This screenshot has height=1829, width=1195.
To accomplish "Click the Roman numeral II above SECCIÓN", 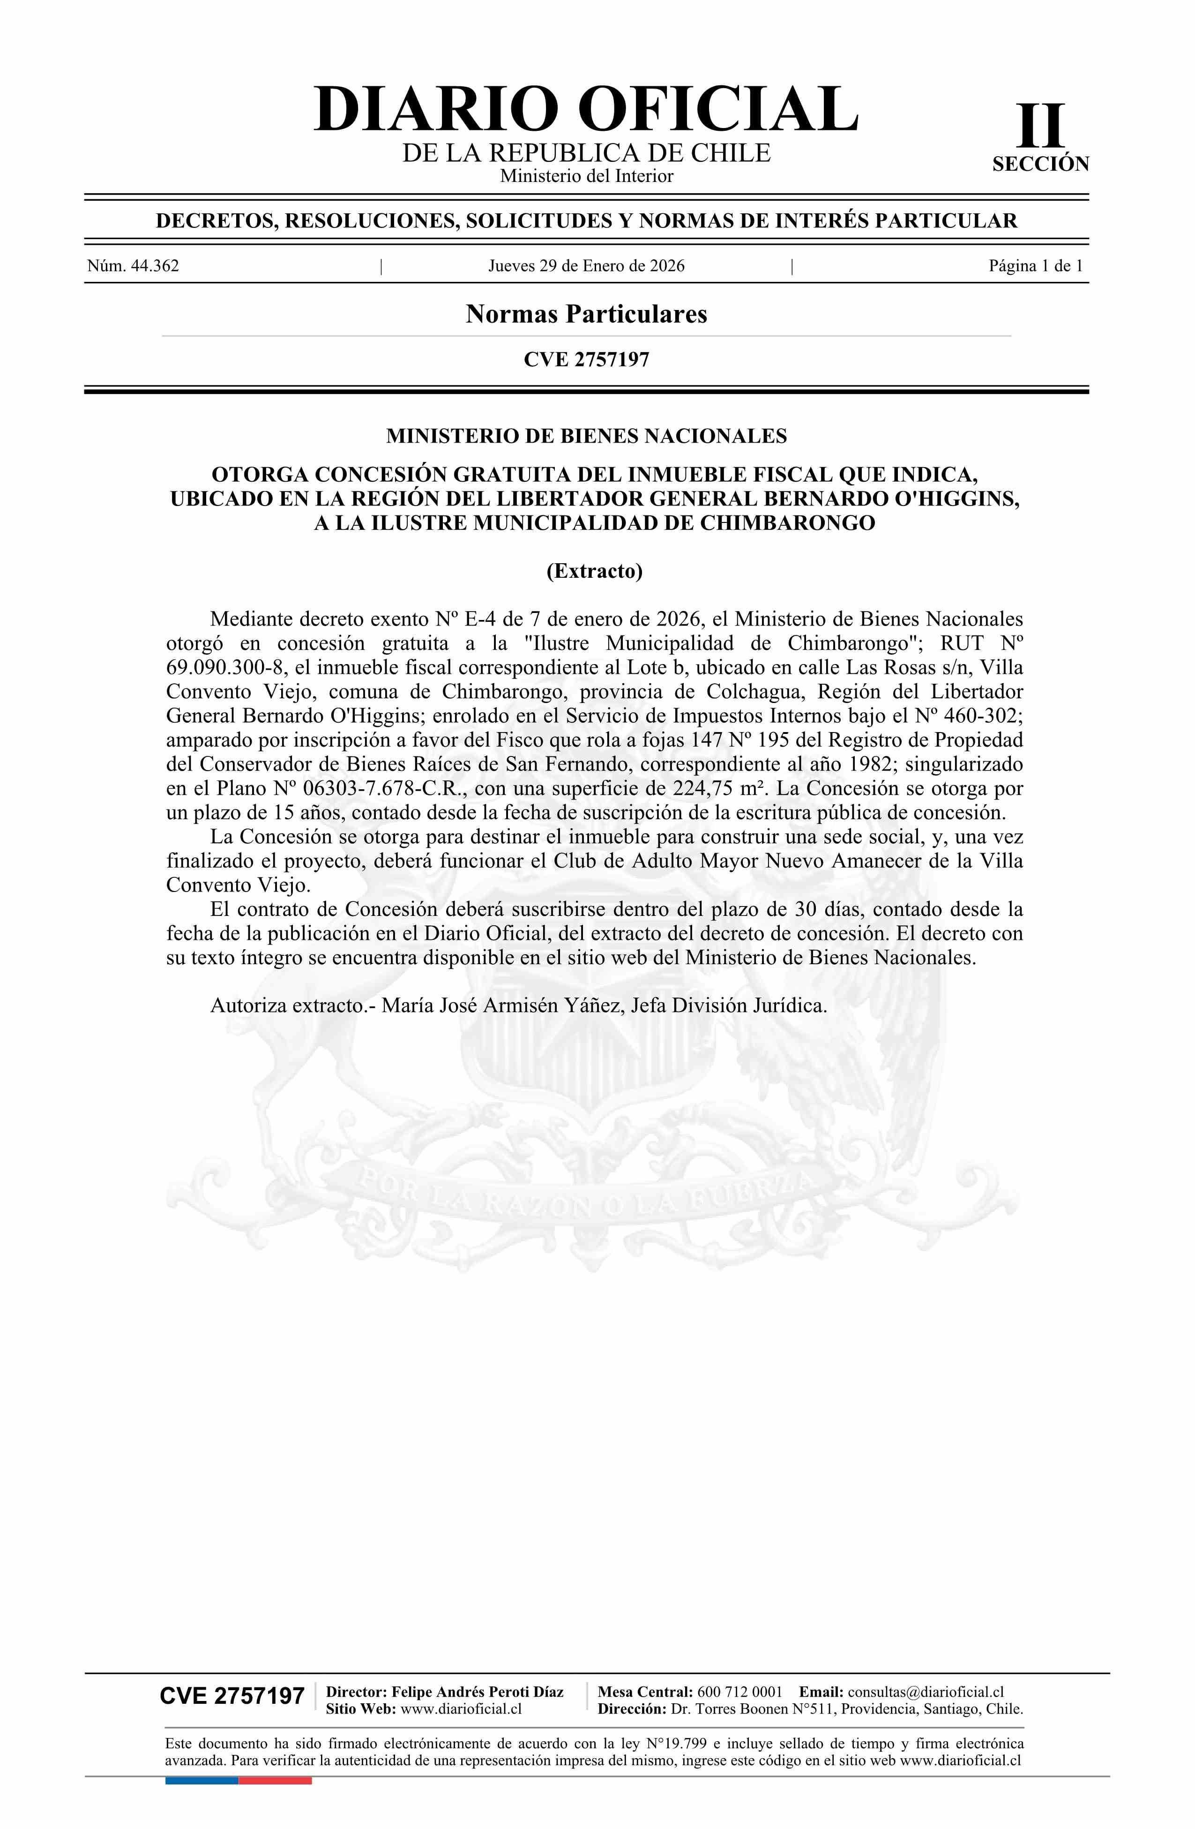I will [1041, 126].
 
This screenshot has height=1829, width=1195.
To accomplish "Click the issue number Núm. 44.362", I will [133, 266].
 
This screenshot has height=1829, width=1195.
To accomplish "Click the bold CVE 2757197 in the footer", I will [232, 1696].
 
